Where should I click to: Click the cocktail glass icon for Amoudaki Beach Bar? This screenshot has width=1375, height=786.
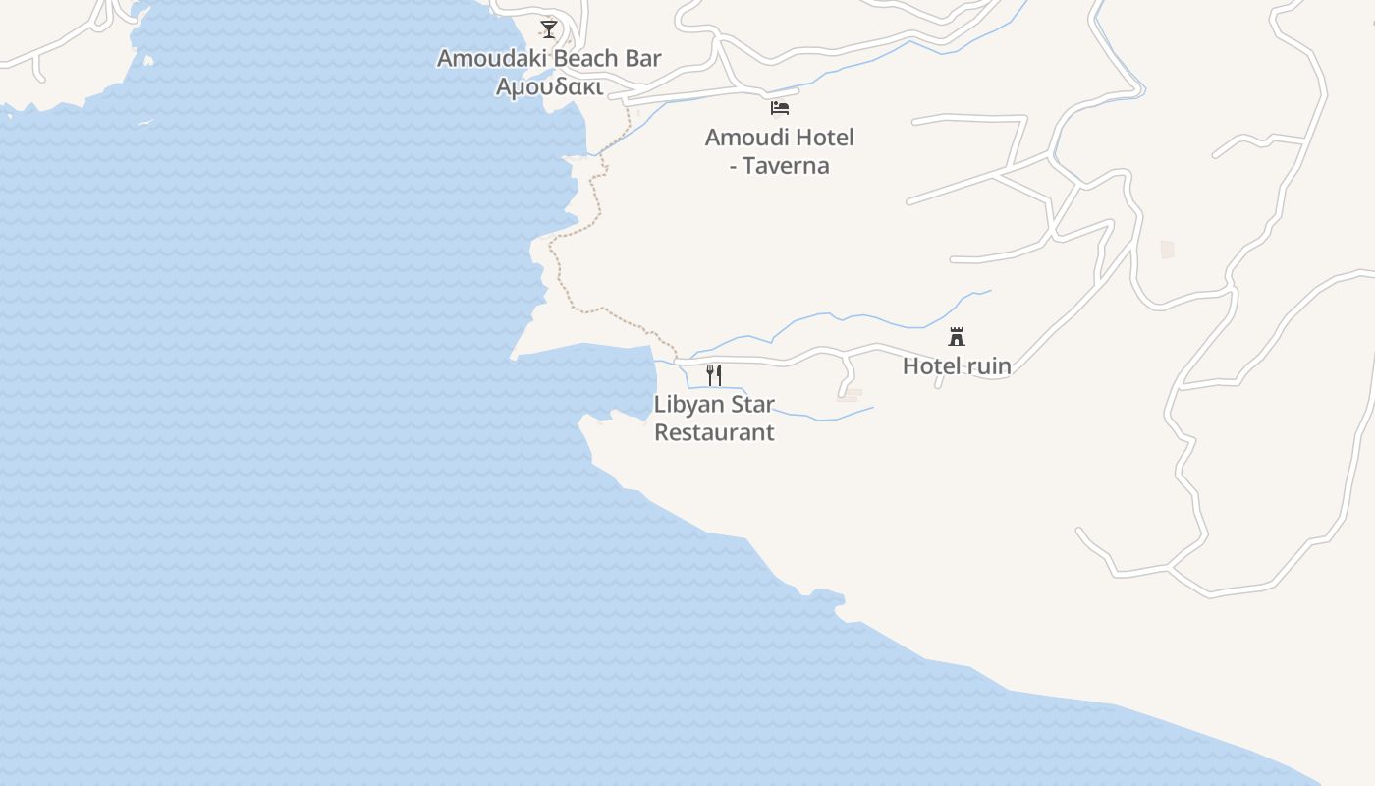[549, 28]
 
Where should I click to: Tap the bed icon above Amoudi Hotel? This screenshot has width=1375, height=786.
[780, 108]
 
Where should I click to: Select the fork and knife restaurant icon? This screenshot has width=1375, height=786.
[714, 374]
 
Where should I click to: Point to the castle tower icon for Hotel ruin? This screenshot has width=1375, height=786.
[957, 336]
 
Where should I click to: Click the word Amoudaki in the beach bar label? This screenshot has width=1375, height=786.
[492, 58]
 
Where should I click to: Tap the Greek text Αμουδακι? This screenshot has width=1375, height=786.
[548, 86]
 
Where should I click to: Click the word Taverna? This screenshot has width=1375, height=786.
[786, 165]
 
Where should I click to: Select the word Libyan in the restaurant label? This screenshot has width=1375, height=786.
[687, 404]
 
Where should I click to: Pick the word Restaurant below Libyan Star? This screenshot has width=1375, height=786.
[714, 432]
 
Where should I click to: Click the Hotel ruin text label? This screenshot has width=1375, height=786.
[957, 366]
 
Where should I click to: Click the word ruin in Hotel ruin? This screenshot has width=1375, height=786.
[989, 366]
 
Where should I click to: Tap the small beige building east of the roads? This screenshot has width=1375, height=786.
[1167, 250]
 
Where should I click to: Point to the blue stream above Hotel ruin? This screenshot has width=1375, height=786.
[864, 318]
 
